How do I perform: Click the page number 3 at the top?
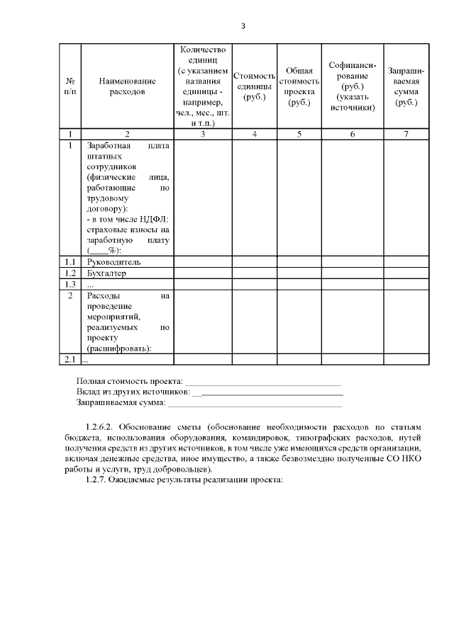(x=243, y=26)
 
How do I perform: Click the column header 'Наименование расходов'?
(x=127, y=86)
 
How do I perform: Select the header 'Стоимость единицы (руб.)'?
(x=254, y=86)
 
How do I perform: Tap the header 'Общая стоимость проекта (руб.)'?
(x=299, y=86)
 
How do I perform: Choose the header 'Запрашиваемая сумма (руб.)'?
(x=406, y=86)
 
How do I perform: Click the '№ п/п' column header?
(x=70, y=86)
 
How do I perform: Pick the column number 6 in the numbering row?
(x=352, y=134)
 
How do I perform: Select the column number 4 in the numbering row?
(x=254, y=134)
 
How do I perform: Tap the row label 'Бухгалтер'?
(x=106, y=273)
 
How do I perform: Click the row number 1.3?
(x=70, y=284)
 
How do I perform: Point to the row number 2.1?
(x=70, y=360)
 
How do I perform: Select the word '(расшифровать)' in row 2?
(x=119, y=348)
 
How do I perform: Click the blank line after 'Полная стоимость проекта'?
(x=263, y=382)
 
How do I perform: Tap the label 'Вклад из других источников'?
(x=133, y=392)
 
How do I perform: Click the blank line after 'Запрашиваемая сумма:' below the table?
(x=254, y=404)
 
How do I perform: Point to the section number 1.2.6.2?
(x=99, y=428)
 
